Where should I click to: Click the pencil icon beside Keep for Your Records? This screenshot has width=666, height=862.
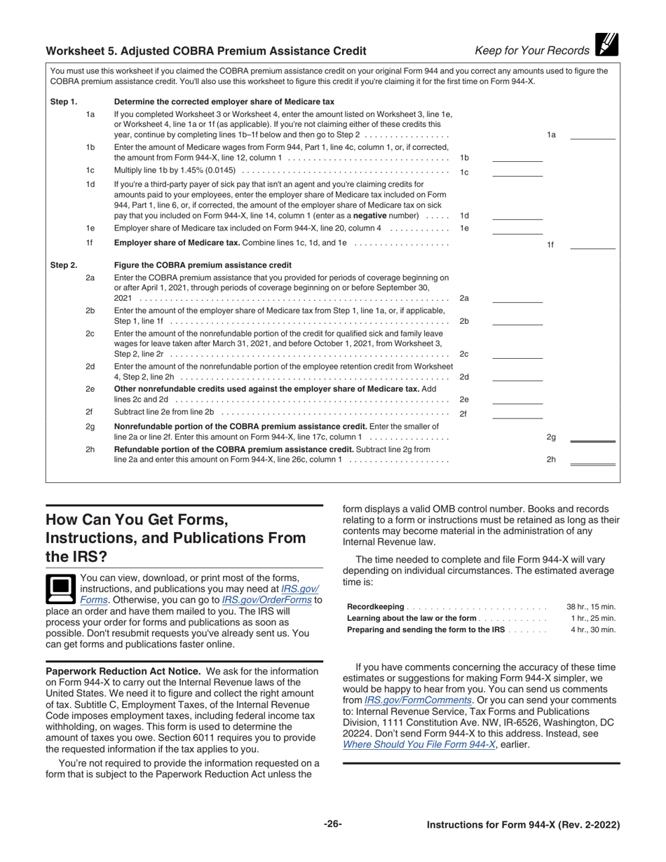point(606,45)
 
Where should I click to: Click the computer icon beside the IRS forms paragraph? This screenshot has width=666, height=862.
point(60,589)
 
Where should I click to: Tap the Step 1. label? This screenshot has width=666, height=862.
point(64,102)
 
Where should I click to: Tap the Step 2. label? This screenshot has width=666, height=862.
point(64,265)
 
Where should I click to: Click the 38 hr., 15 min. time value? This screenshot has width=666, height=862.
point(590,607)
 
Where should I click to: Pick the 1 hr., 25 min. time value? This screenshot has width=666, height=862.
point(593,618)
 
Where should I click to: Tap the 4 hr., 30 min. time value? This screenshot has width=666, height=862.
point(593,629)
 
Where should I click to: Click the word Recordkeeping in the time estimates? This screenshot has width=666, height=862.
point(376,607)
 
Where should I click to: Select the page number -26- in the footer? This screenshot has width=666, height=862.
point(333,824)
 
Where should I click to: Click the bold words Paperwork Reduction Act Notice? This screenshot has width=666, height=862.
point(123,671)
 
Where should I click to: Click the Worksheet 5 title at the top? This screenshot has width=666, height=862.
point(205,51)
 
